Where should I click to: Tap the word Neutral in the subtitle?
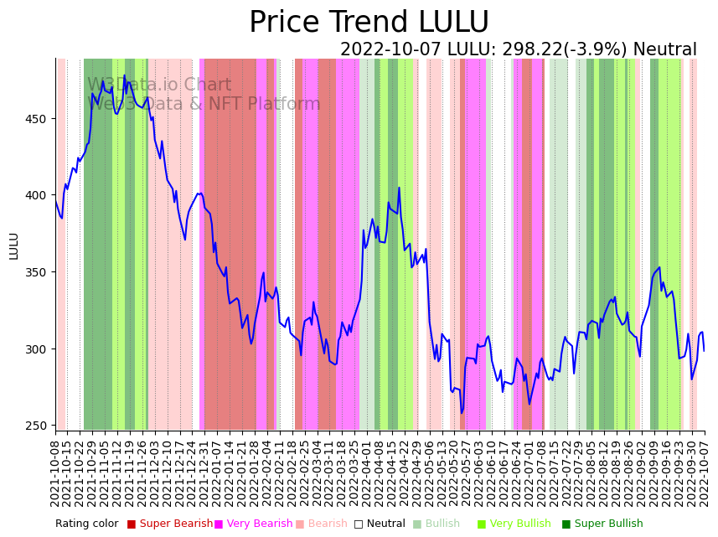[x=664, y=50]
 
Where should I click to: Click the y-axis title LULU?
[x=13, y=245]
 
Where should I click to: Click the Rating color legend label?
[x=87, y=524]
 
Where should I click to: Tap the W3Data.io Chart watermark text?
[x=159, y=85]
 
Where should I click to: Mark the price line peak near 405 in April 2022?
[x=399, y=188]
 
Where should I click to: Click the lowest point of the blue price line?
[x=461, y=412]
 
